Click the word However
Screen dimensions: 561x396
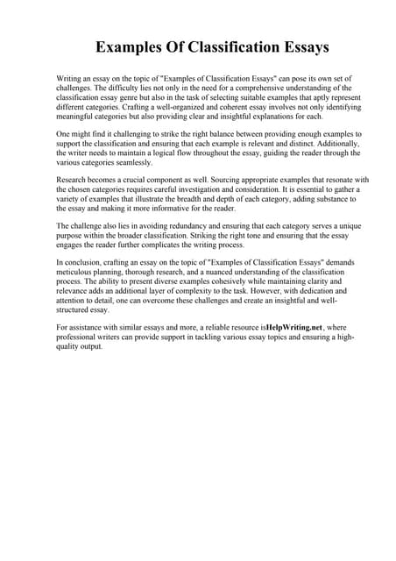pyautogui.click(x=264, y=292)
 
